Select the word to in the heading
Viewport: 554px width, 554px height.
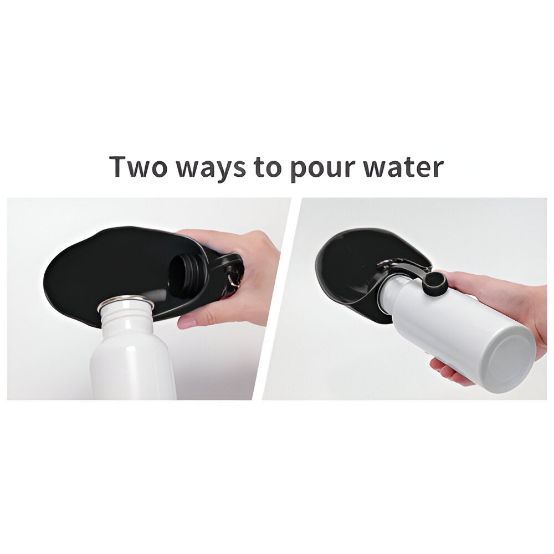[x=268, y=167]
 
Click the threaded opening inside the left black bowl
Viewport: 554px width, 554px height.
[x=187, y=274]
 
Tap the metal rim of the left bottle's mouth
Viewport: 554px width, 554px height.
[x=125, y=302]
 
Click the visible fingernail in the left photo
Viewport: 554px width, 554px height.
[x=187, y=322]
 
